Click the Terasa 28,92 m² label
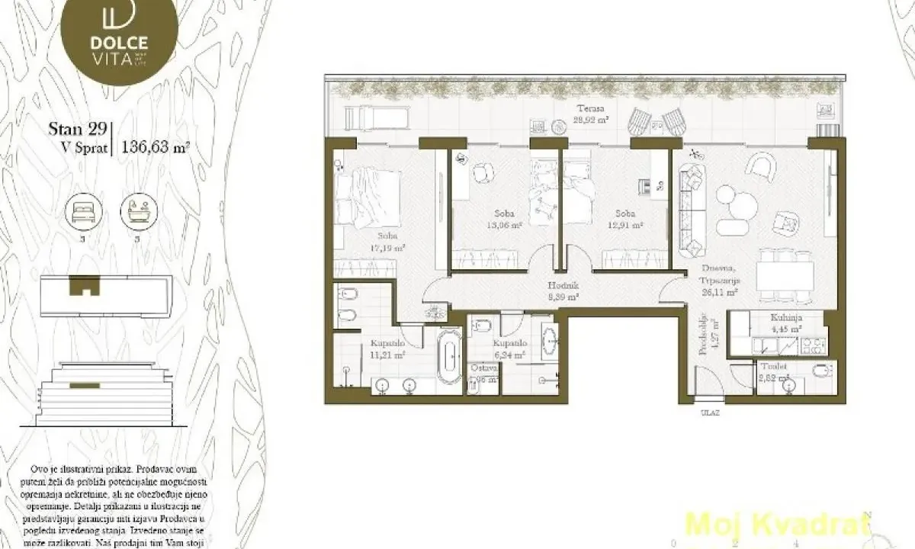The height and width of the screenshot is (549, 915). (x=590, y=114)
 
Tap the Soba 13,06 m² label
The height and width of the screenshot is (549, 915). (x=504, y=220)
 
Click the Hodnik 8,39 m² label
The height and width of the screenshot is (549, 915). (x=563, y=292)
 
